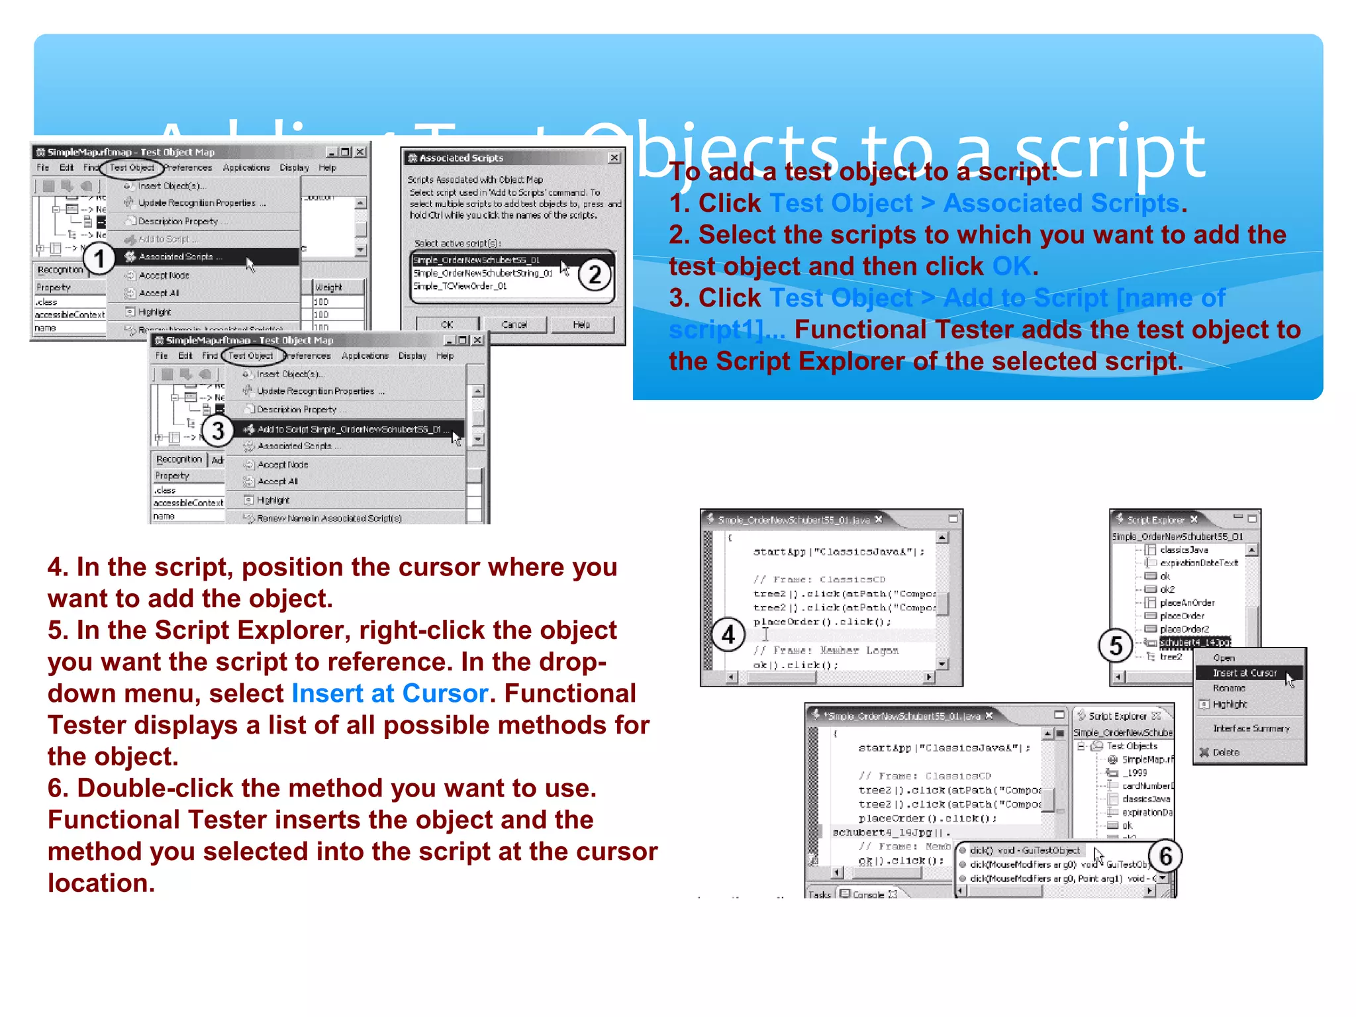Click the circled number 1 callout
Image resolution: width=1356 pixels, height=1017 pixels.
coord(99,258)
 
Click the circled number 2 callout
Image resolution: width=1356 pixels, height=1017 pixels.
coord(595,274)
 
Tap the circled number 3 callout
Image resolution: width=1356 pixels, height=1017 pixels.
coord(217,431)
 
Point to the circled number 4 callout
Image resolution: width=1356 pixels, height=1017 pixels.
coord(728,635)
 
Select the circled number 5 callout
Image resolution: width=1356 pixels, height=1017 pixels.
coord(1116,646)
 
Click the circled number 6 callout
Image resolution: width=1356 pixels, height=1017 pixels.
coord(1165,856)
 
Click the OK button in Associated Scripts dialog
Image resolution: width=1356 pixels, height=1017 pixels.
coord(447,324)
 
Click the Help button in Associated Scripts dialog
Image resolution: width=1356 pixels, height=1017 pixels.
coord(581,324)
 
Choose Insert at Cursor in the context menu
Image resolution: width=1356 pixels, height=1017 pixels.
coord(1244,673)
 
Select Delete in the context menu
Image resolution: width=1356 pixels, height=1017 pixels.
coord(1226,752)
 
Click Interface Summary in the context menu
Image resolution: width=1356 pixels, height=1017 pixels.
coord(1251,728)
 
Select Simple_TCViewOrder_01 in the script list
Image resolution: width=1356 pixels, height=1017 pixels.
coord(460,286)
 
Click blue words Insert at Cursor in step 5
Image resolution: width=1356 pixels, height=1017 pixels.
coord(389,693)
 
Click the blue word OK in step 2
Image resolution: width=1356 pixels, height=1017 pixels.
coord(1011,266)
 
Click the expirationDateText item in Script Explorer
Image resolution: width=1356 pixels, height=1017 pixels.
coord(1198,563)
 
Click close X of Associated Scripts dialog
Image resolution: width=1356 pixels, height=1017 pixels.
coord(614,158)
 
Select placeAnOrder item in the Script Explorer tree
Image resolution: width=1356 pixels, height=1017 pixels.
coord(1186,603)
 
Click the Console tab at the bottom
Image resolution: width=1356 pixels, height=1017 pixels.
coord(868,894)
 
